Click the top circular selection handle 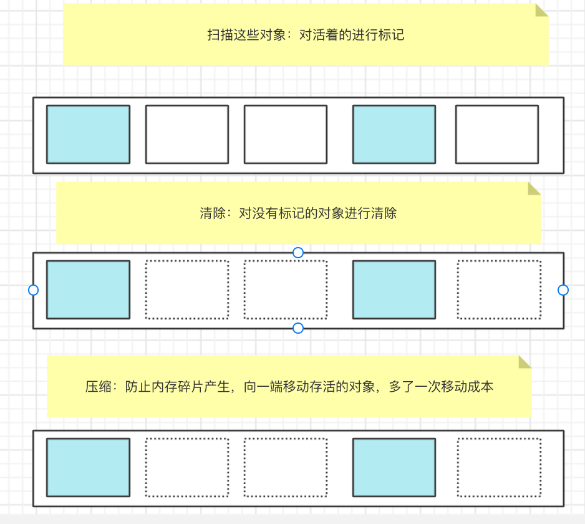298,252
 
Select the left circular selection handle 34,290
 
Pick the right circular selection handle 563,290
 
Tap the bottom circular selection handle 298,328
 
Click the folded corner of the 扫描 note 541,11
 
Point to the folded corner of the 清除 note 534,188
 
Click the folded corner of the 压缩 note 525,362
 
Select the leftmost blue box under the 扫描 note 88,134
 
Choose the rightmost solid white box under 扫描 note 496,134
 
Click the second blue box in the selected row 394,289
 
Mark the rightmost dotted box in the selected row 499,289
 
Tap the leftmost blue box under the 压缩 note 88,467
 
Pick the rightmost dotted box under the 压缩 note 499,467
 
